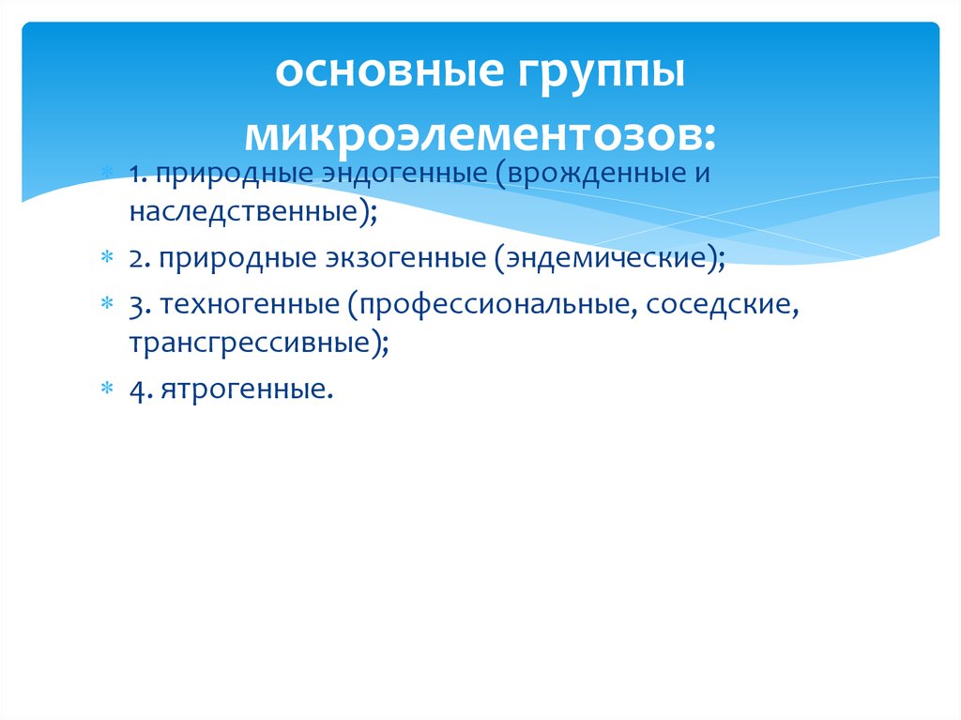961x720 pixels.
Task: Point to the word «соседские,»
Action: [720, 305]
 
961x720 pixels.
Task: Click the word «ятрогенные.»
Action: [246, 388]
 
